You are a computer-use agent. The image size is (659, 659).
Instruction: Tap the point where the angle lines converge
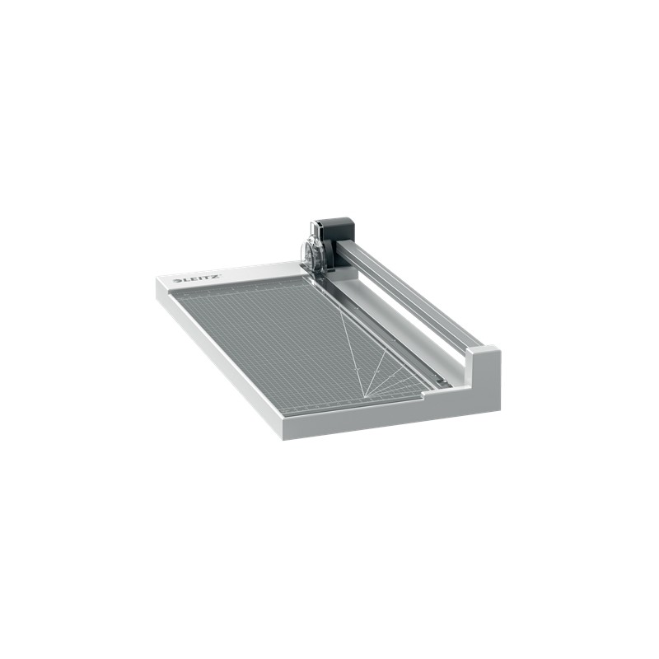[x=362, y=390]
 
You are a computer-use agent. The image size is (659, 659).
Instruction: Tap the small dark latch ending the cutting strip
[x=442, y=381]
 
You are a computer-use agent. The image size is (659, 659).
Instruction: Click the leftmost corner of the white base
[x=157, y=280]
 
